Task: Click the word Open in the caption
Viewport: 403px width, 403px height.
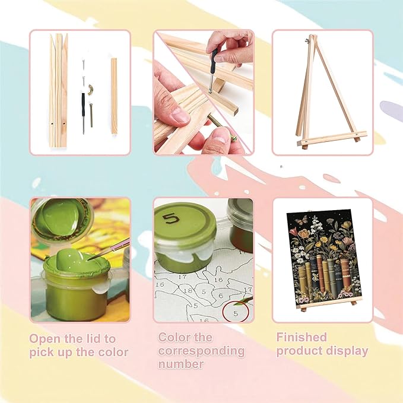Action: [45, 339]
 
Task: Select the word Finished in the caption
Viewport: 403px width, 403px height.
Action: [302, 337]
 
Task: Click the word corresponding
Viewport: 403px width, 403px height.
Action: [201, 351]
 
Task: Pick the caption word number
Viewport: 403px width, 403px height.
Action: [181, 364]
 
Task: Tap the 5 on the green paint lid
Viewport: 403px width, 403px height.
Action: [172, 218]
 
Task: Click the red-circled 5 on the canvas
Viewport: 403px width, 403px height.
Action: [236, 313]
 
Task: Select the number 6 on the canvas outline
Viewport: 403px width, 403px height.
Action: [220, 296]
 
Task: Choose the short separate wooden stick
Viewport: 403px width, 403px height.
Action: [114, 96]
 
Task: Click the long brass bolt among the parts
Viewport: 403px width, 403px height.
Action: [91, 115]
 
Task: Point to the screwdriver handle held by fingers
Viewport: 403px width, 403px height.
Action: [214, 62]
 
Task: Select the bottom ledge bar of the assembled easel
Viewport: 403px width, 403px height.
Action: [332, 138]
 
